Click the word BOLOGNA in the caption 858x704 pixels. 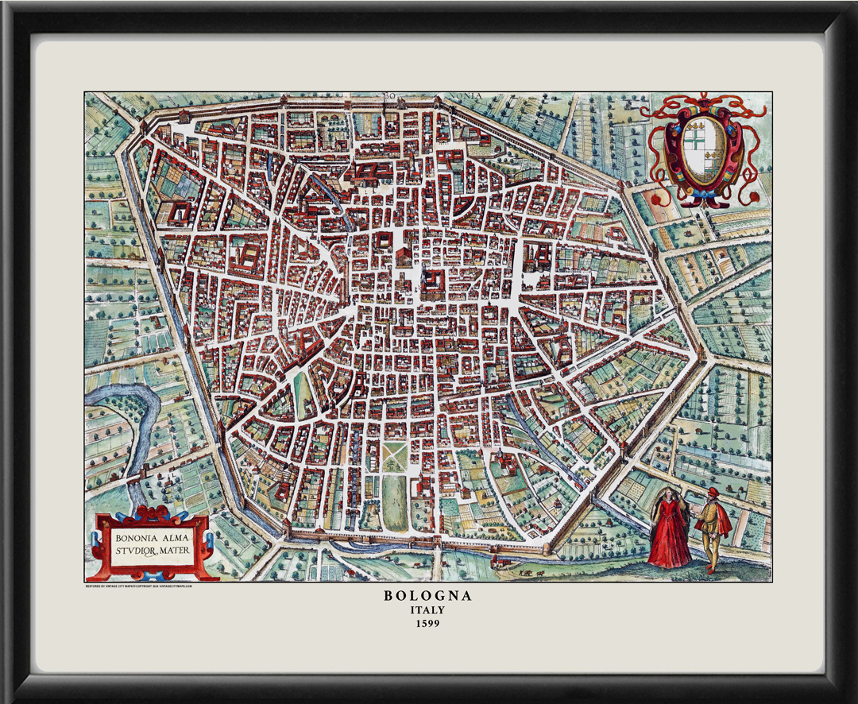click(427, 595)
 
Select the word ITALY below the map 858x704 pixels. click(427, 610)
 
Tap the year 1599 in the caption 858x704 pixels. click(427, 624)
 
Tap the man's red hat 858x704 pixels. click(713, 493)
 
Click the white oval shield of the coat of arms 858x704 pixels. click(701, 144)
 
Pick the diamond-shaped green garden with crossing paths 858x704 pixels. click(395, 457)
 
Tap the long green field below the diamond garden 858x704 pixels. click(394, 500)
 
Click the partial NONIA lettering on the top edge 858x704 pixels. click(469, 96)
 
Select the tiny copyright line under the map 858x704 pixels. click(139, 586)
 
